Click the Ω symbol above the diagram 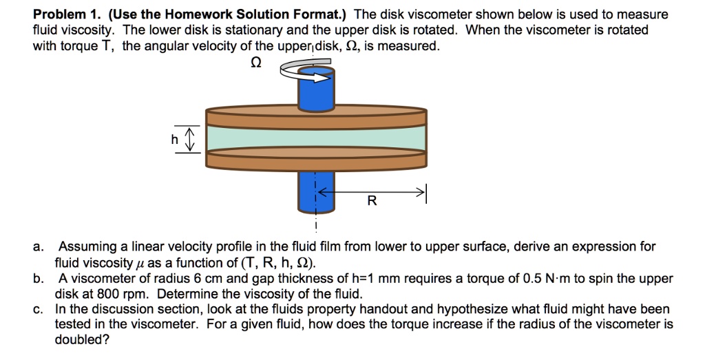(x=255, y=63)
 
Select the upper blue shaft (x=316, y=93)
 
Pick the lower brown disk (x=317, y=160)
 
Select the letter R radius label (x=372, y=201)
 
